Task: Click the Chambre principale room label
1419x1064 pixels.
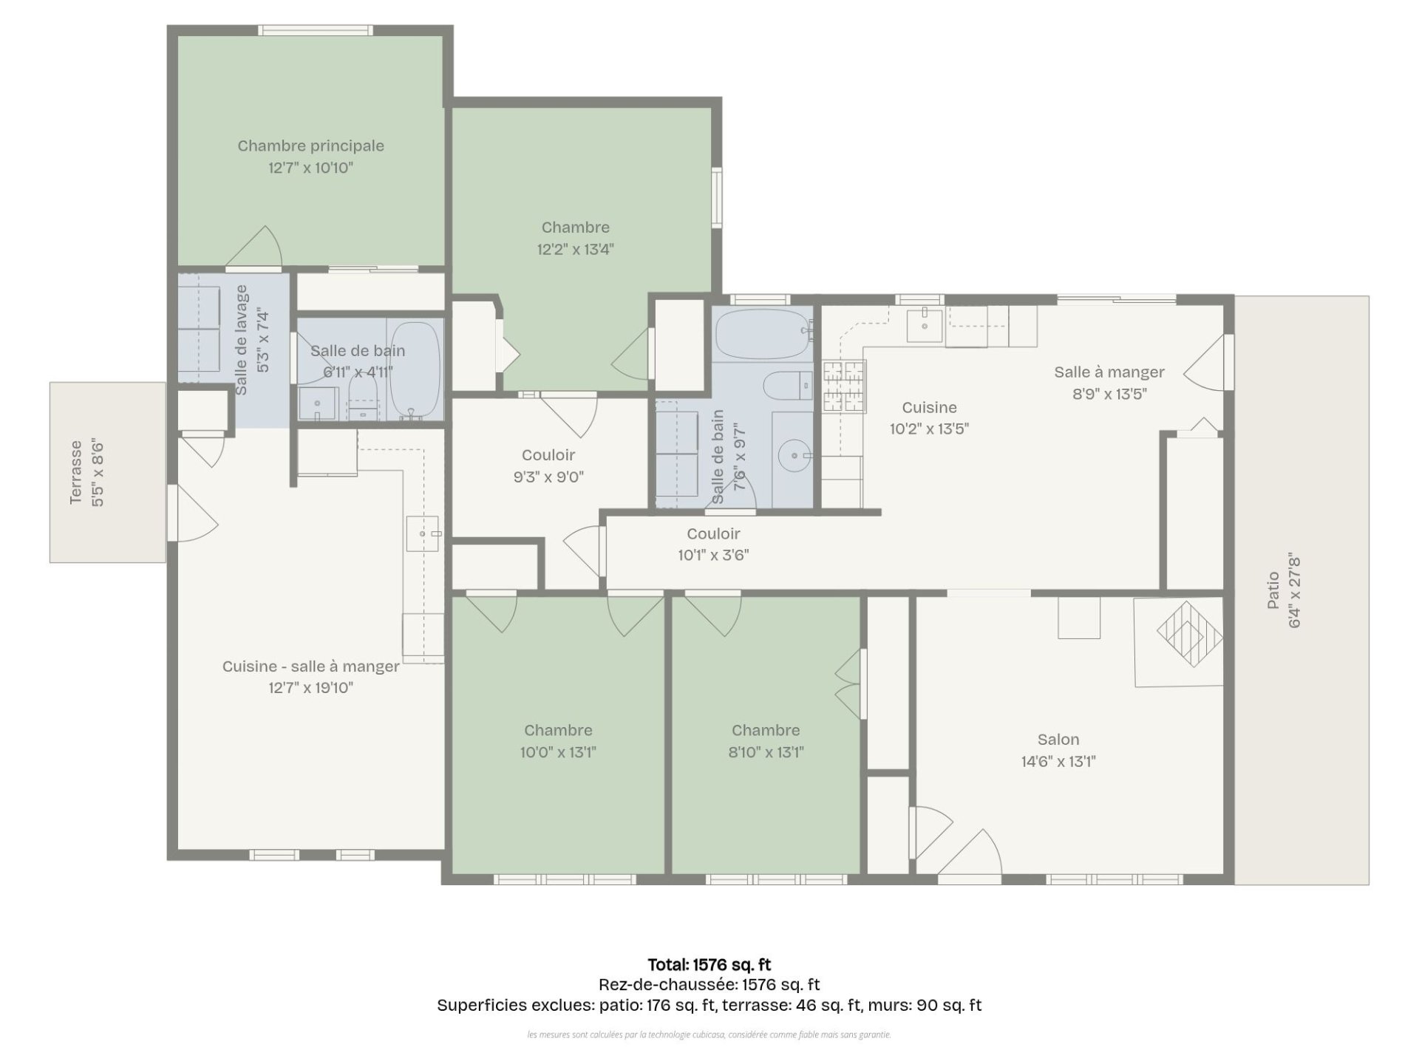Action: point(310,146)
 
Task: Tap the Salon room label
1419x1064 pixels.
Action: point(1058,740)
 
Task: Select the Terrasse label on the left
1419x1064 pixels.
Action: point(76,473)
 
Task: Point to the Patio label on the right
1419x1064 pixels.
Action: point(1273,590)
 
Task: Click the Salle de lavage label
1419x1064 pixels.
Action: point(241,340)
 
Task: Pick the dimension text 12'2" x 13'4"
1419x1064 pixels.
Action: point(575,250)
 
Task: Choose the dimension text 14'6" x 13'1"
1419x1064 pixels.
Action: point(1058,762)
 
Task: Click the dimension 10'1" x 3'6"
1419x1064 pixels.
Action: point(713,555)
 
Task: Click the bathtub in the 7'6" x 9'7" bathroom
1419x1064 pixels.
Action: point(763,334)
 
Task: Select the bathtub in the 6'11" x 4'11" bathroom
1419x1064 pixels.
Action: point(415,370)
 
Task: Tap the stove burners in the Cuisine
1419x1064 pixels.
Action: point(844,386)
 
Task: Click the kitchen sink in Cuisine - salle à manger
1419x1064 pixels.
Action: point(423,533)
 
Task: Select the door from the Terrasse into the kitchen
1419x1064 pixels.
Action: point(193,513)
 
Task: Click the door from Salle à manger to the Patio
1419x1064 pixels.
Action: point(1208,363)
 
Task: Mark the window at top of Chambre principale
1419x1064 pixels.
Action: point(316,30)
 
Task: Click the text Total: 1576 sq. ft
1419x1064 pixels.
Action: point(709,964)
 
